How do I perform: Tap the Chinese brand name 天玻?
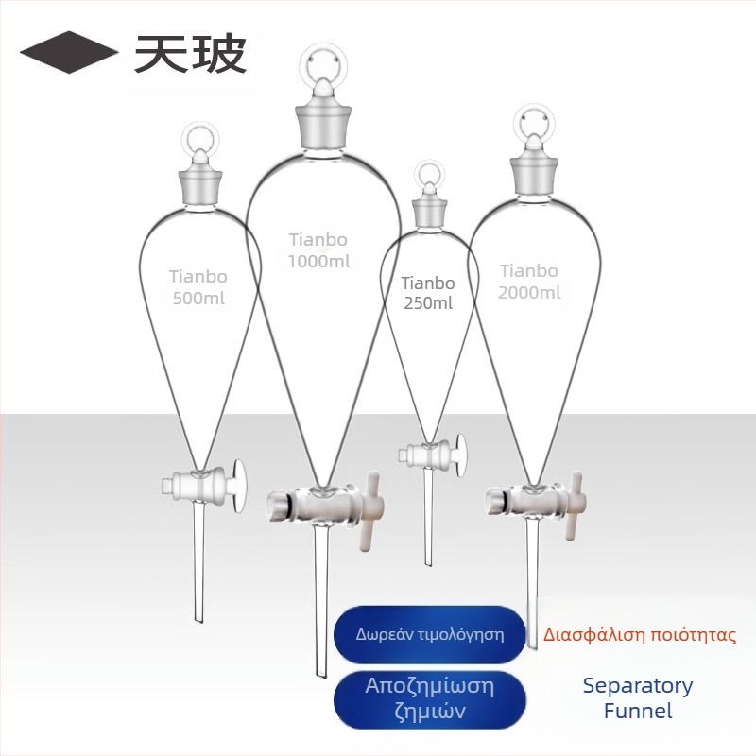pos(190,53)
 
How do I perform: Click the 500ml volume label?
pos(198,299)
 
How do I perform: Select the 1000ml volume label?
pos(319,262)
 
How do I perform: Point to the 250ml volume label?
pos(428,303)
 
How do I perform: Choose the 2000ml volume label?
pos(529,293)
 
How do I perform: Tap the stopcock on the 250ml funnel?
pos(433,452)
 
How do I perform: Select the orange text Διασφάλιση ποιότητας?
pos(640,635)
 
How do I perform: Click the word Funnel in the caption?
pos(637,711)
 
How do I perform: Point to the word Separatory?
pos(637,686)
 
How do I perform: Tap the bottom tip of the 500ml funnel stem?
pos(198,620)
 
